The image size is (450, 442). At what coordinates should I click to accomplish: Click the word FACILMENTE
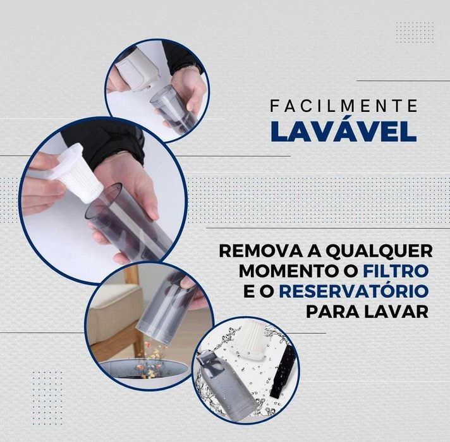(x=343, y=106)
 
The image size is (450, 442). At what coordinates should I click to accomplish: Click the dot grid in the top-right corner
(x=414, y=32)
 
